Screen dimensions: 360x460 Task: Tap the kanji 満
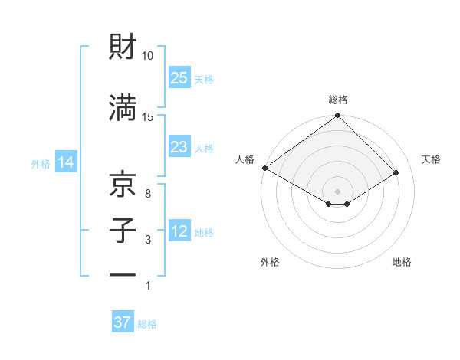(123, 108)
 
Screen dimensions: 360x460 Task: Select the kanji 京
(123, 185)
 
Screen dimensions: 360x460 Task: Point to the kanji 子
(123, 231)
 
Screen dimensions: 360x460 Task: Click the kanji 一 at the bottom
(123, 275)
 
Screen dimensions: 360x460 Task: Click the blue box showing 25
(179, 78)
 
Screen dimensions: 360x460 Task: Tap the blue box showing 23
(179, 147)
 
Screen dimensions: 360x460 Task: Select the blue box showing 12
(179, 231)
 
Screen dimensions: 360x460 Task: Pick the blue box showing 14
(65, 162)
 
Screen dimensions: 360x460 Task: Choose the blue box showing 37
(123, 322)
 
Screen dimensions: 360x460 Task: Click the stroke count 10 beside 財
(148, 56)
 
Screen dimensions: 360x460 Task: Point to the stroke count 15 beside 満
(148, 117)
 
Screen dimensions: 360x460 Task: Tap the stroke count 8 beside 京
(147, 194)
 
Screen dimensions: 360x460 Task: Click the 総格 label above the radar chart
(338, 100)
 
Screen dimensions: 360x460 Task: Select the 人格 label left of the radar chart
(245, 159)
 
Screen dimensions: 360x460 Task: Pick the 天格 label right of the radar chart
(432, 159)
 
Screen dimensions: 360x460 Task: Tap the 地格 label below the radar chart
(402, 262)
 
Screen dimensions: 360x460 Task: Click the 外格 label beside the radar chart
(270, 262)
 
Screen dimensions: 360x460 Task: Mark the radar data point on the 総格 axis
(338, 116)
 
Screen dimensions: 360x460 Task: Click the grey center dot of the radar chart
(338, 191)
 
